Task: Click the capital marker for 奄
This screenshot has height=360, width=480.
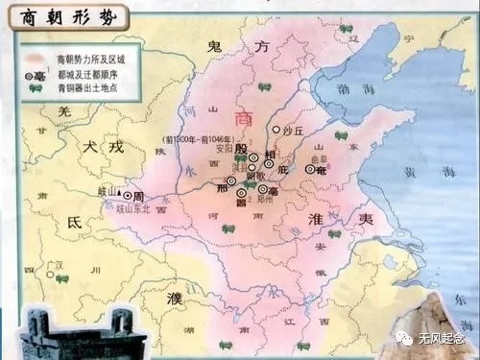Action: coord(310,169)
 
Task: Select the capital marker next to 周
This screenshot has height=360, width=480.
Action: coord(127,195)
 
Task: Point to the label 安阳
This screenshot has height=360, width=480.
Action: coord(224,149)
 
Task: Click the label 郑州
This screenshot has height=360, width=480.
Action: coord(266,202)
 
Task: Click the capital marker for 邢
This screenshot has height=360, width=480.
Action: coord(230,180)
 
